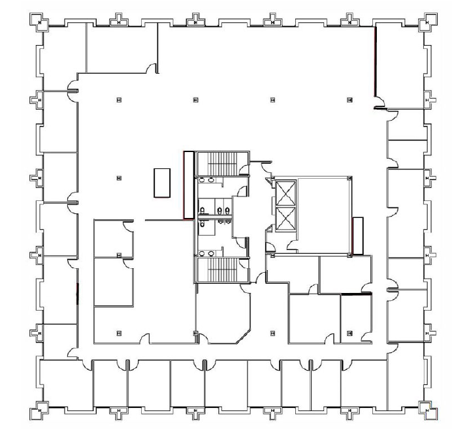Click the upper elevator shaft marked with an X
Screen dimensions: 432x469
pos(287,193)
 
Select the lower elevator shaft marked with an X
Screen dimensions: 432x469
pos(287,219)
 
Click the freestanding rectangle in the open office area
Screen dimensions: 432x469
pos(161,182)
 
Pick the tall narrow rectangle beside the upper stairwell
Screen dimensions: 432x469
pos(189,185)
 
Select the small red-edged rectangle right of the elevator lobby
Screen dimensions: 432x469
pos(357,235)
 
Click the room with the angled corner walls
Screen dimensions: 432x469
pos(223,315)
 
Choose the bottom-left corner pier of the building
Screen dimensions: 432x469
pos(40,412)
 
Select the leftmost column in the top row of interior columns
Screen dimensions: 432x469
pos(118,100)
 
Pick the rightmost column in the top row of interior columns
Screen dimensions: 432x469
pos(349,100)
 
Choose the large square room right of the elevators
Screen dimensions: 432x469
pos(324,215)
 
